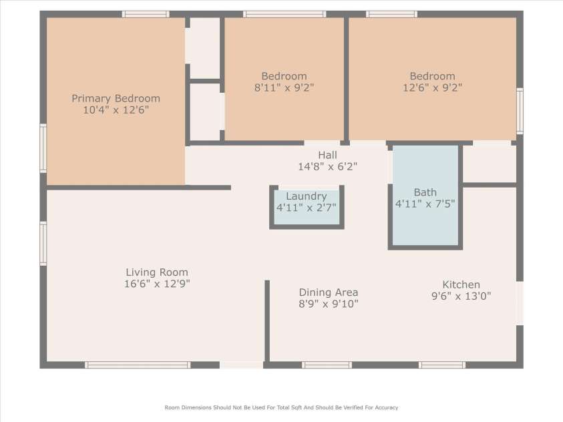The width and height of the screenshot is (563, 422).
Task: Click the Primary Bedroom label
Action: pos(116,98)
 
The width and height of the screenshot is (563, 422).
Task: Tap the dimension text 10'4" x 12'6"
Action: pos(116,110)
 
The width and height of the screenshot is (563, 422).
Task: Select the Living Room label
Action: pos(157,272)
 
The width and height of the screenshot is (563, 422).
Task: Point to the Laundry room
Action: pos(307,208)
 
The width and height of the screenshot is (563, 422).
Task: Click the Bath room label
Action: pos(425,192)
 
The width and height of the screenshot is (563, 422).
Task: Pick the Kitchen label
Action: pos(461,284)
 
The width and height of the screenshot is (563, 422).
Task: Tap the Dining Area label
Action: pos(328,292)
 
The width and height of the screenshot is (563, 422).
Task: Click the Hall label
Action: pos(327,155)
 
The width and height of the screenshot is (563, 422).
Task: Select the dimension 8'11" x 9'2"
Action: pos(284,87)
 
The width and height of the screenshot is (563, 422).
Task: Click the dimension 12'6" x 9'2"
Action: pos(432,87)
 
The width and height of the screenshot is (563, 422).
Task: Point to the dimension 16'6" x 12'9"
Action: pos(157,284)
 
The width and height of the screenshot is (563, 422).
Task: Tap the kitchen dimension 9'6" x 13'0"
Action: pos(461,296)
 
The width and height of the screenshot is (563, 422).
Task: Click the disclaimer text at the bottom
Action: pos(281,407)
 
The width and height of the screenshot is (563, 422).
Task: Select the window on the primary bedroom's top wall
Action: pos(146,14)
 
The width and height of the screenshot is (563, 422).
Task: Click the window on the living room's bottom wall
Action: pos(138,365)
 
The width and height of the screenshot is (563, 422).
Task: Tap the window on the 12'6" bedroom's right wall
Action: pos(520,111)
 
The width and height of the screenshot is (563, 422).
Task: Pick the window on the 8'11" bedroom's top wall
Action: pos(285,14)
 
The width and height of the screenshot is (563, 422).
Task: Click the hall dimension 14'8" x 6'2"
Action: pos(327,166)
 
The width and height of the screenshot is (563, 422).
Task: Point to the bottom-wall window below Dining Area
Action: pos(327,365)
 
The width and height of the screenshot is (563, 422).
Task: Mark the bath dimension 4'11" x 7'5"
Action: pos(425,204)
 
